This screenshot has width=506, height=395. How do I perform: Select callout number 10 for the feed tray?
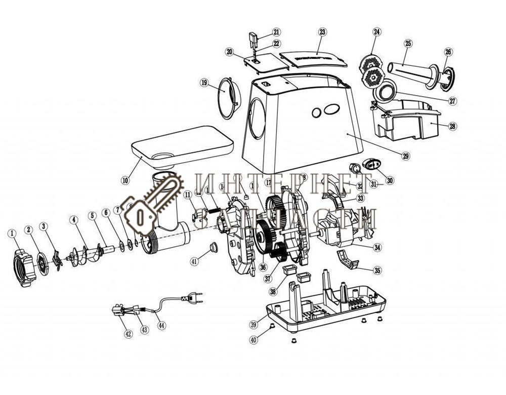pyautogui.click(x=125, y=180)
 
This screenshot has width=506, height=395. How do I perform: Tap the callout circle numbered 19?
pyautogui.click(x=204, y=82)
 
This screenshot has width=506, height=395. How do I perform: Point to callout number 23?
pyautogui.click(x=322, y=32)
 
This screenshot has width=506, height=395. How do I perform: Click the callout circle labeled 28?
pyautogui.click(x=452, y=127)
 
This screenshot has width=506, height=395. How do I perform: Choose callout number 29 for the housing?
pyautogui.click(x=406, y=156)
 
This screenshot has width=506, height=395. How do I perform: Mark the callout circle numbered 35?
pyautogui.click(x=377, y=270)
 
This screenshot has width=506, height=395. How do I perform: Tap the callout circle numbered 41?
pyautogui.click(x=194, y=261)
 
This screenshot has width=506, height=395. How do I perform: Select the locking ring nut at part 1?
pyautogui.click(x=23, y=263)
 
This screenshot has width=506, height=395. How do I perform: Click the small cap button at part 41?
pyautogui.click(x=211, y=247)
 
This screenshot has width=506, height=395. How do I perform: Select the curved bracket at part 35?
pyautogui.click(x=348, y=260)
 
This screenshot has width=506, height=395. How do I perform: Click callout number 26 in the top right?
pyautogui.click(x=448, y=52)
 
